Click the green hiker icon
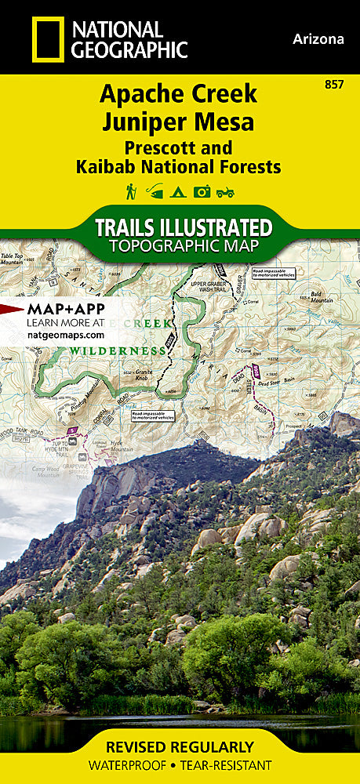tap(130, 191)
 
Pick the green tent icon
tap(179, 191)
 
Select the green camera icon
tap(202, 191)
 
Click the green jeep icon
tap(226, 191)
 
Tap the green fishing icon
tap(155, 191)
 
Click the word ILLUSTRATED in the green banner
tap(213, 227)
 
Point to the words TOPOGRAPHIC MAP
tap(184, 245)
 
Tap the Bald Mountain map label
tap(322, 296)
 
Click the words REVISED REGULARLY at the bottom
tap(180, 746)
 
